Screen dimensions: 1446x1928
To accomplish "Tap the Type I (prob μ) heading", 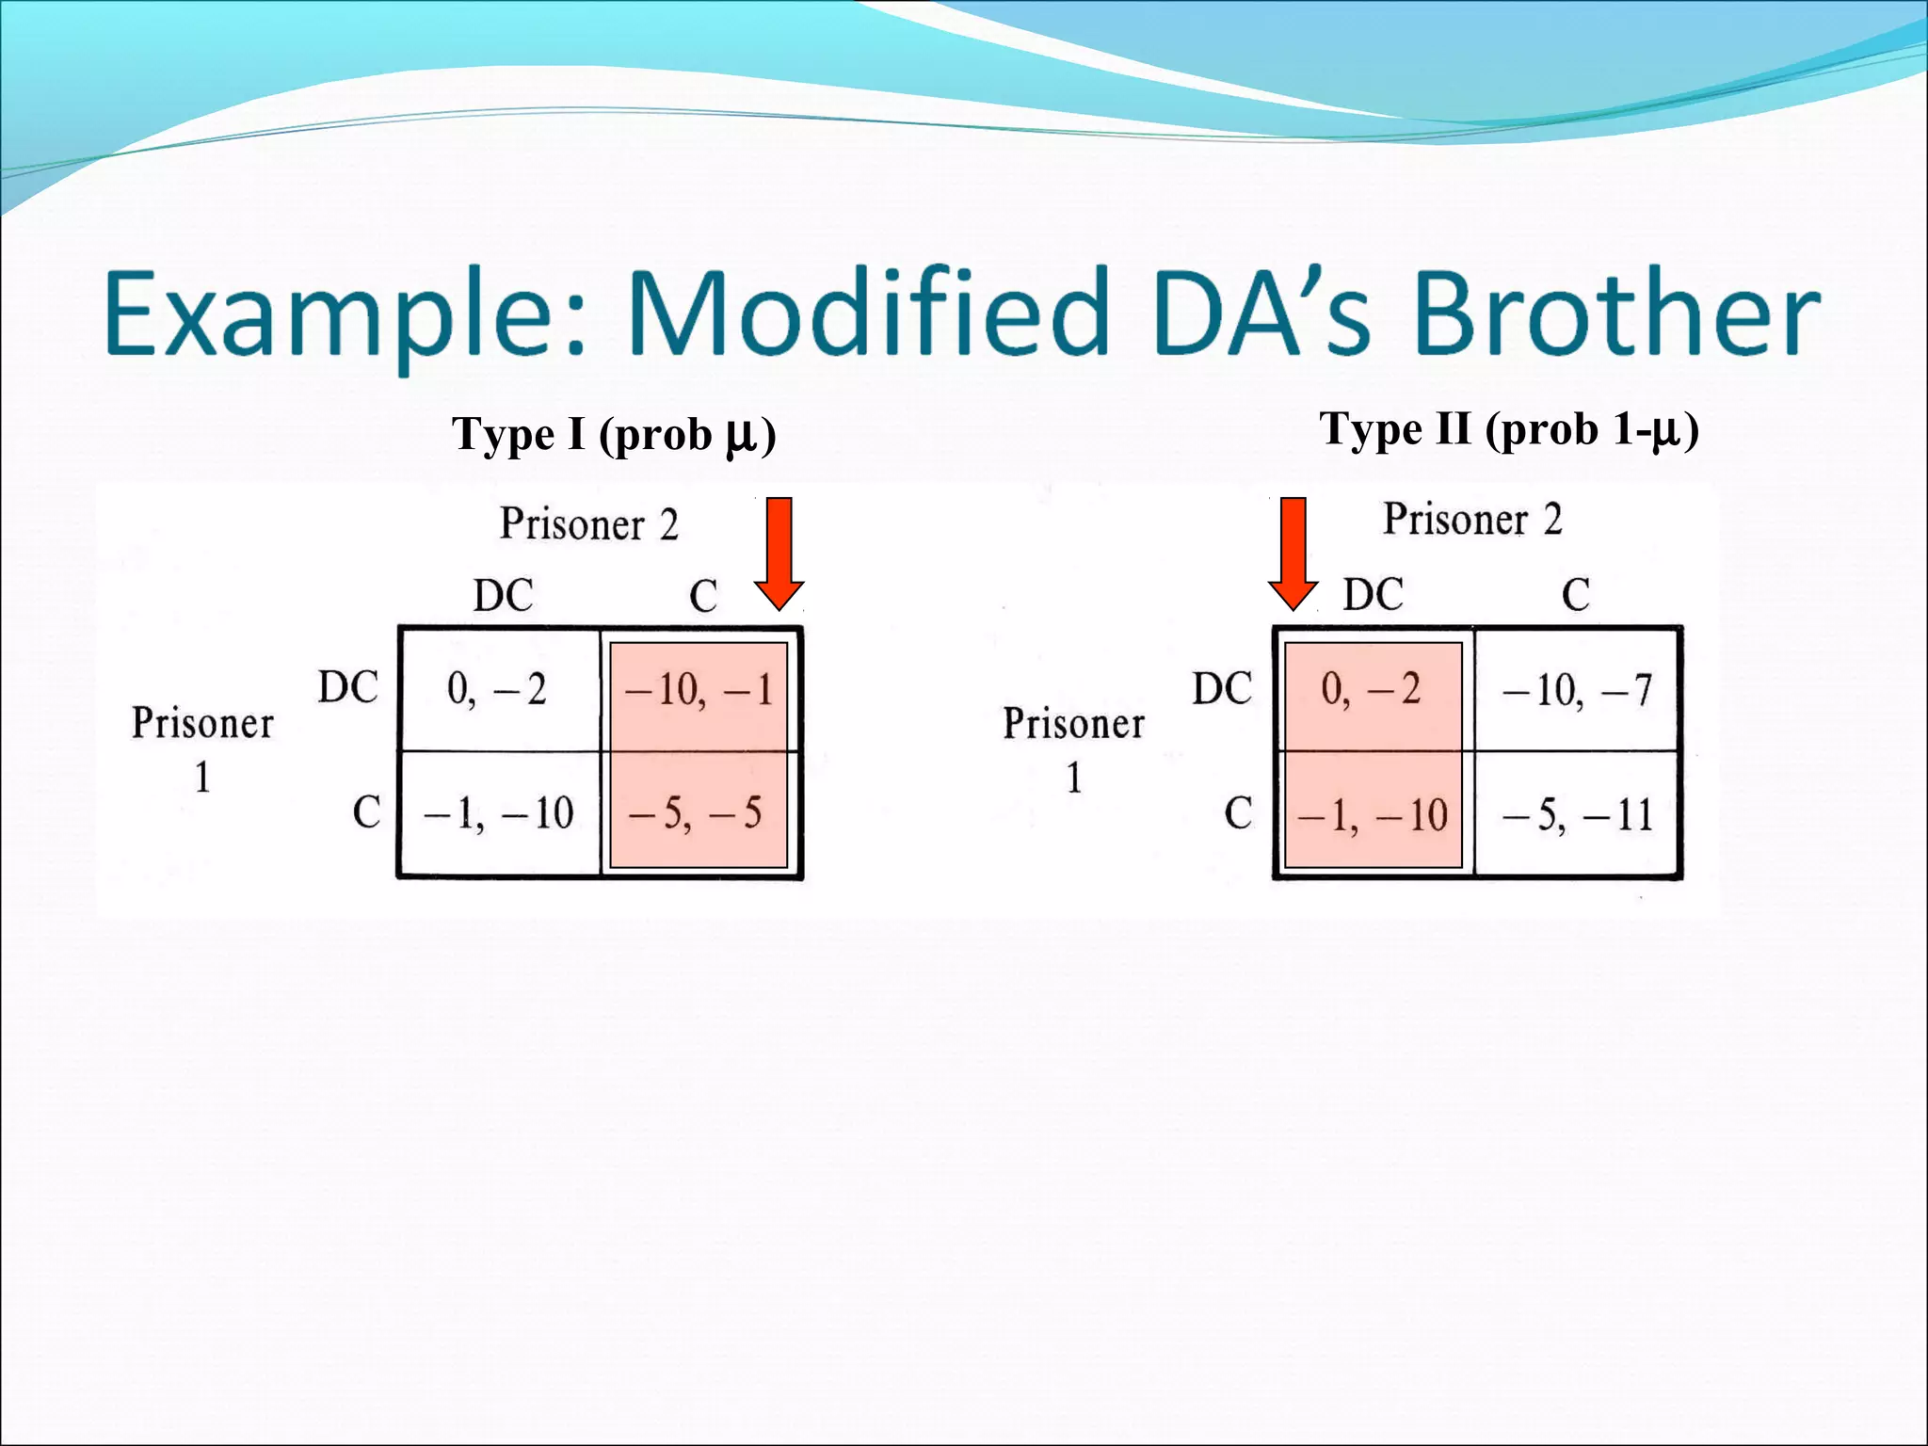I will pyautogui.click(x=614, y=435).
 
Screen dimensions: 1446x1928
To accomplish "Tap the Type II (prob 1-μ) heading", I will pyautogui.click(x=1508, y=429).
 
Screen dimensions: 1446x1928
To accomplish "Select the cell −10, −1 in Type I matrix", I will pyautogui.click(x=698, y=690).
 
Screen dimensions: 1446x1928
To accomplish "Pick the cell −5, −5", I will pyautogui.click(x=696, y=813).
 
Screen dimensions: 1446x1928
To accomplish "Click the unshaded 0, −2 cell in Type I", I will pyautogui.click(x=497, y=690).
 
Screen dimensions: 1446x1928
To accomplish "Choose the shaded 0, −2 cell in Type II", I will pyautogui.click(x=1371, y=690).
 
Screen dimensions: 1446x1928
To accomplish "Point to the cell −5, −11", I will pyautogui.click(x=1577, y=815).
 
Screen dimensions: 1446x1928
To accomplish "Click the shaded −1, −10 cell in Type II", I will pyautogui.click(x=1372, y=815).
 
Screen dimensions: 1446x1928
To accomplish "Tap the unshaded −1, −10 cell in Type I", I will pyautogui.click(x=498, y=813).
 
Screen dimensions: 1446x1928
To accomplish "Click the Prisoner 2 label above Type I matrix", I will pyautogui.click(x=588, y=524).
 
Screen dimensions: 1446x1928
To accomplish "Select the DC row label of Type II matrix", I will pyautogui.click(x=1222, y=688).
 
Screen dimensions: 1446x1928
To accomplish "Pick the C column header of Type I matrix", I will pyautogui.click(x=703, y=596).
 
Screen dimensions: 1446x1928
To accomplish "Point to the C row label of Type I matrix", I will pyautogui.click(x=366, y=812).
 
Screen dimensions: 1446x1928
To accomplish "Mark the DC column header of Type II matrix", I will pyautogui.click(x=1373, y=595).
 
